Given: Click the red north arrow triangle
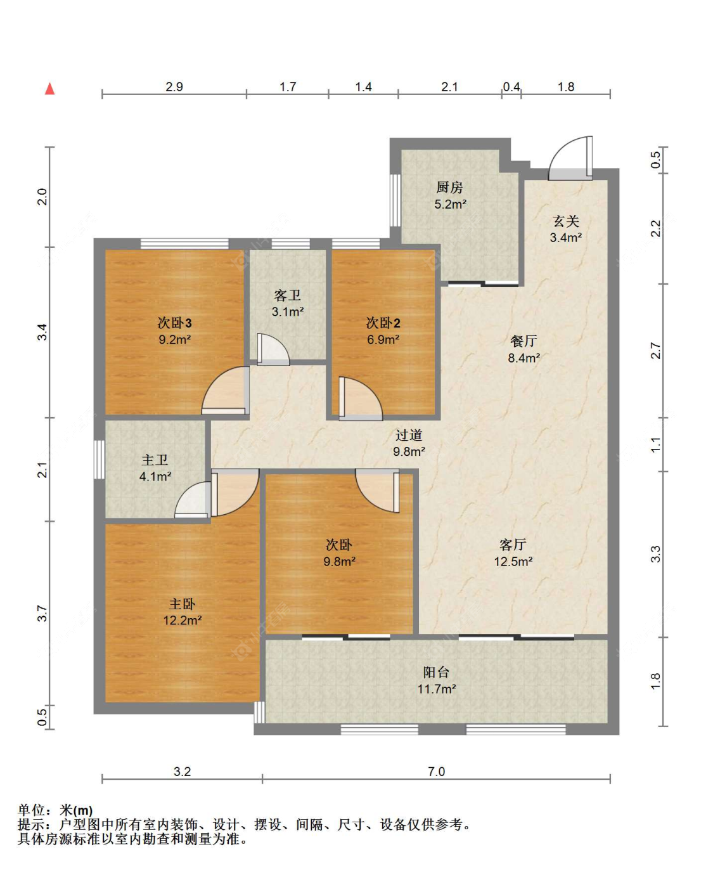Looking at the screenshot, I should coord(49,89).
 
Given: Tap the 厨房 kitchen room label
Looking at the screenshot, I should coord(449,188).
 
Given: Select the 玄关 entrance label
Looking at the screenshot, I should coord(565,221).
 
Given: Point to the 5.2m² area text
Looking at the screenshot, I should coord(450,204).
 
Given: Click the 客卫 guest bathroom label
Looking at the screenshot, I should coord(287,295).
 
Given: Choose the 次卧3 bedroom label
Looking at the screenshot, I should coord(174,323).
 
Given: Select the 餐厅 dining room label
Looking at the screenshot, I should coord(524,341).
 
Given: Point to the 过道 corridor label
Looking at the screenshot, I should coord(409,435).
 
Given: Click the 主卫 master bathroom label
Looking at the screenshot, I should coord(155,460).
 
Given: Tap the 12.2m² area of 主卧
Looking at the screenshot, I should coord(183,621).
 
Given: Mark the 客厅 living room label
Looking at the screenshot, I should coord(513,545).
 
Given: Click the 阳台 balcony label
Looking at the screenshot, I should coord(436,672).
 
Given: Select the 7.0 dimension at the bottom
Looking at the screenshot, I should coord(436,772).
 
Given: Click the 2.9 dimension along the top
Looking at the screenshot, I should coord(174,87).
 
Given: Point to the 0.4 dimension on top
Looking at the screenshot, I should coord(511,87).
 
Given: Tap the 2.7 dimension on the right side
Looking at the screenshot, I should coord(655,351).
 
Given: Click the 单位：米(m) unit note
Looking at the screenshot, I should coord(55,810).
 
